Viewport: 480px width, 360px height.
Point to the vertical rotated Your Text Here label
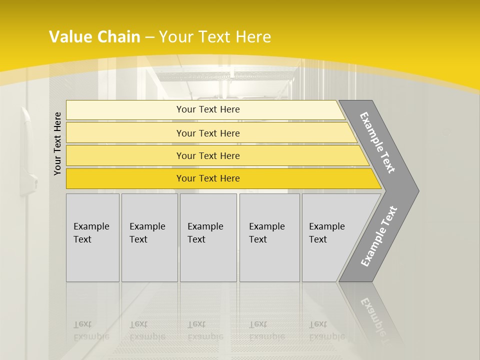point(57,143)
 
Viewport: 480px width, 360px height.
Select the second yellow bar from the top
point(207,133)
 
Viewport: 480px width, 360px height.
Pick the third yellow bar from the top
point(207,155)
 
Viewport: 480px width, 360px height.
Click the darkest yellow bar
point(207,178)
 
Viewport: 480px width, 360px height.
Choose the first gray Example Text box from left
point(92,237)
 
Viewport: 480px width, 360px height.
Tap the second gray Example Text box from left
point(149,237)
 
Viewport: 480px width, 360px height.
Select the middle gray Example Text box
point(208,237)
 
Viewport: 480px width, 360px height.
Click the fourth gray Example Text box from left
point(269,237)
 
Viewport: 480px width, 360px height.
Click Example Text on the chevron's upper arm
point(377,142)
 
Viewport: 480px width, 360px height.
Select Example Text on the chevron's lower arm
point(378,236)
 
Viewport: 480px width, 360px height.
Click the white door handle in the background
point(28,150)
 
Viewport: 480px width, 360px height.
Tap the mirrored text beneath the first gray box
point(91,330)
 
